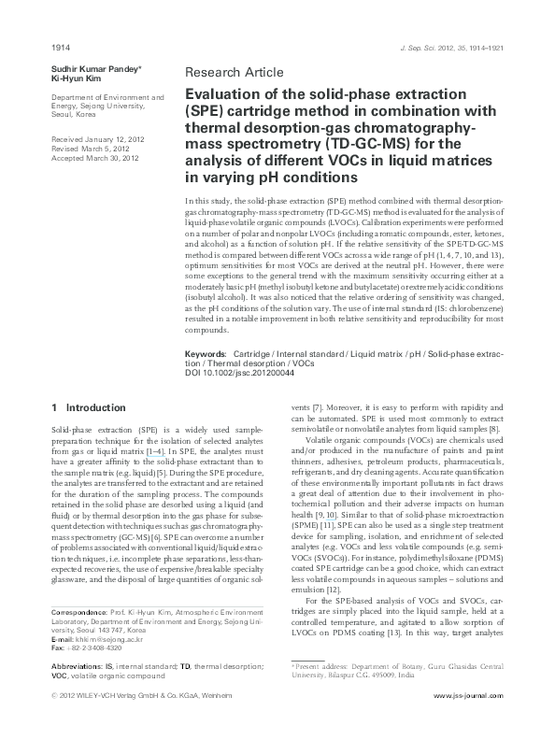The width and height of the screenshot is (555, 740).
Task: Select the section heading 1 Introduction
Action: point(88,407)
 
